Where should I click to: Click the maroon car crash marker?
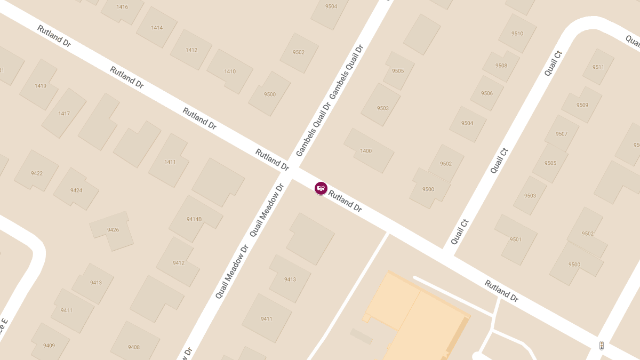(321, 188)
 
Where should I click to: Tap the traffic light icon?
(601, 346)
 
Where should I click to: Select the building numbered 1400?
(366, 151)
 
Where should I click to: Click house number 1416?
(122, 7)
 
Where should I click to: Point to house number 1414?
(157, 28)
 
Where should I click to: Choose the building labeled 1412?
(191, 50)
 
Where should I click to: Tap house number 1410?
(230, 71)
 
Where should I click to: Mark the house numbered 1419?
(41, 85)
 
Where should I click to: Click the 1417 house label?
(64, 114)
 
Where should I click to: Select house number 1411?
(170, 162)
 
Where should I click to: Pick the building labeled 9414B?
(194, 219)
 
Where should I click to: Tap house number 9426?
(113, 230)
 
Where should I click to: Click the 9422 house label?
(37, 173)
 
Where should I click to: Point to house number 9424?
(76, 190)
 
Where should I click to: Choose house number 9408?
(134, 347)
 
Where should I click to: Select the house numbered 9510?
(517, 34)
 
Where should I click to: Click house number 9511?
(598, 67)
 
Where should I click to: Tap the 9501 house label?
(515, 239)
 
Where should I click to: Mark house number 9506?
(487, 93)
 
